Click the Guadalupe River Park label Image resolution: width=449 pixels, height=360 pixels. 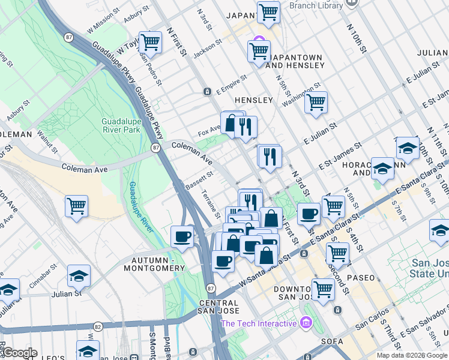pos(122,117)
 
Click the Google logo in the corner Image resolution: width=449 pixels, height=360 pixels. pos(19,353)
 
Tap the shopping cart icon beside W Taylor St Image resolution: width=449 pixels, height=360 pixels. pos(150,42)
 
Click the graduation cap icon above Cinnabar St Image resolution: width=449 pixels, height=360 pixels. pos(78,275)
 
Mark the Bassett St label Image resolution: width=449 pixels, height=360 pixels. pos(199,181)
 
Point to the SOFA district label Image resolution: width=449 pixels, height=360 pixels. pos(331,341)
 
